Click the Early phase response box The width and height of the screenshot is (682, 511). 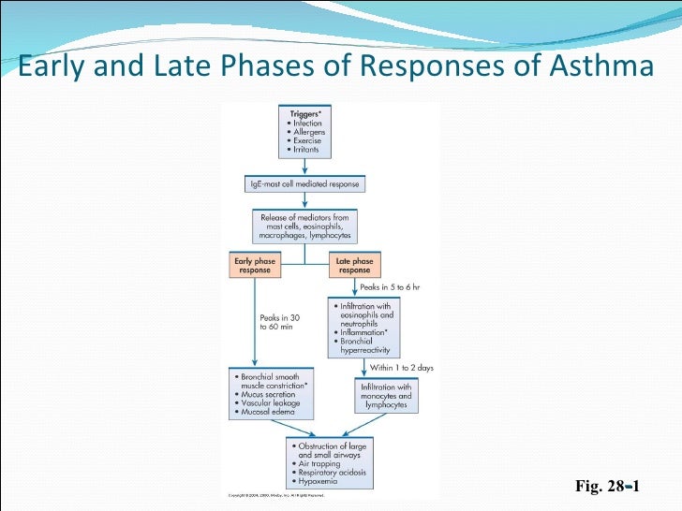(254, 265)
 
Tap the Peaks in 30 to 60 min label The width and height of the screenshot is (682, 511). (280, 322)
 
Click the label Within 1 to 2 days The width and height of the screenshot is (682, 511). (403, 368)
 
